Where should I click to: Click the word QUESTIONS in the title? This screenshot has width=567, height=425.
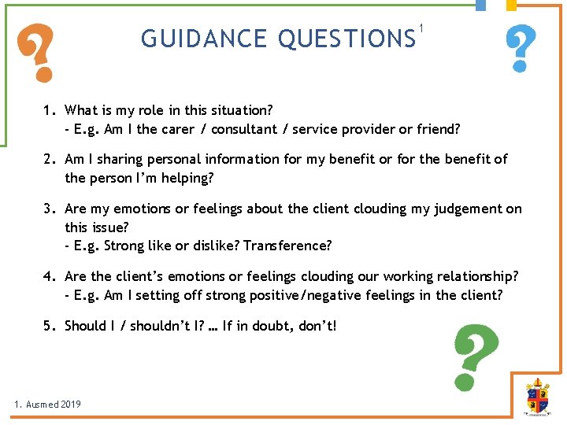346,38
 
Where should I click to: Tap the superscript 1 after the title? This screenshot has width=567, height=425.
423,29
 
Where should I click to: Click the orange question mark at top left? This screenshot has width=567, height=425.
39,53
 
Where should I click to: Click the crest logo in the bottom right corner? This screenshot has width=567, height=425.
538,397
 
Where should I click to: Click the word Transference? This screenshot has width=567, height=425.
287,246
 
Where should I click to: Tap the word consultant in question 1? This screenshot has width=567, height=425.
239,128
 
